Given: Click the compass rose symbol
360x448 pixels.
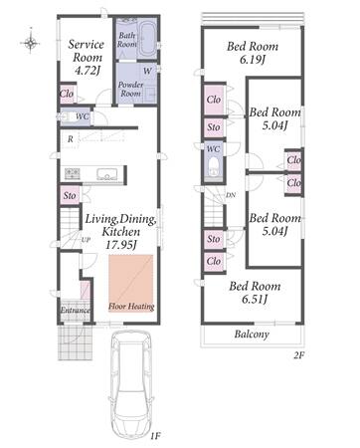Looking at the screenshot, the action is tap(30, 42).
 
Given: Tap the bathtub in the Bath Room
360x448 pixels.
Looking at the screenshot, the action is tap(146, 39).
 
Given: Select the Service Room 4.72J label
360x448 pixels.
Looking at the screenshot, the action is tap(87, 57).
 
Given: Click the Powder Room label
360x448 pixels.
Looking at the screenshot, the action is tap(130, 89).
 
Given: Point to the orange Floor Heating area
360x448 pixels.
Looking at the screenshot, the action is tap(131, 283).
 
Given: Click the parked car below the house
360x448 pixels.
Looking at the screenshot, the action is tap(131, 384).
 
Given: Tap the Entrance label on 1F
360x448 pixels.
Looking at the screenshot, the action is tap(76, 311).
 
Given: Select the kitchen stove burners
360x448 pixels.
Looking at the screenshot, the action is tap(72, 173).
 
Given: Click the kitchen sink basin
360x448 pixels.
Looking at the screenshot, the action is tap(106, 174).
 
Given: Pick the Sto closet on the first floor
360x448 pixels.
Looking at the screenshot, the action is tap(70, 195).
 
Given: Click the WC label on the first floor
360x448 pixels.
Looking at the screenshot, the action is tap(82, 116).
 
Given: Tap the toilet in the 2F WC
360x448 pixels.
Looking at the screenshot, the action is tap(214, 167).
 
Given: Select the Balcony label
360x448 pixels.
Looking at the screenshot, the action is tap(252, 334).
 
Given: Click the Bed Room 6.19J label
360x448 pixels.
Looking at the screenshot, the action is tap(253, 53).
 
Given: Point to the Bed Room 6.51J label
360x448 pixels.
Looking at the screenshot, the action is tap(255, 293).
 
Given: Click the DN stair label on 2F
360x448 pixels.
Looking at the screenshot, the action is tap(231, 195).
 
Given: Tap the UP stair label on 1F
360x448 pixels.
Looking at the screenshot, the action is tap(86, 240).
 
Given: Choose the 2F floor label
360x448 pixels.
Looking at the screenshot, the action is tap(298, 355).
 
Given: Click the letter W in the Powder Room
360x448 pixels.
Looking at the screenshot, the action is tap(147, 71).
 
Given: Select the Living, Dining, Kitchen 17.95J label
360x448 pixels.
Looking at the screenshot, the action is tap(120, 232).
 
